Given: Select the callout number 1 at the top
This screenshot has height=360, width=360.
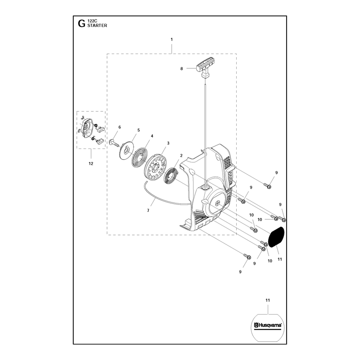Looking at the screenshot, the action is click(x=171, y=40).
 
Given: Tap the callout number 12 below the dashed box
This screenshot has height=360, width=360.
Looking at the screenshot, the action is click(x=91, y=163).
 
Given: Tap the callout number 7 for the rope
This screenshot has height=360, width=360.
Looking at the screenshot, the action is click(x=148, y=210).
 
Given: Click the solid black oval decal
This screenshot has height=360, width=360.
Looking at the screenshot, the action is click(x=276, y=237).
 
